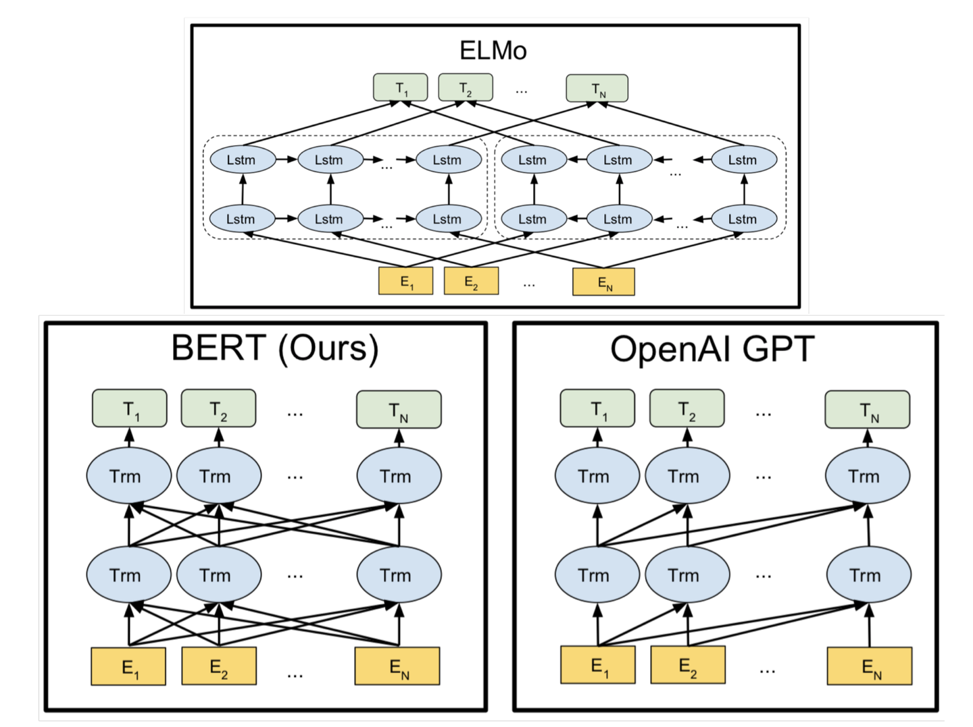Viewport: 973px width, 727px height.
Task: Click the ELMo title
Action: tap(493, 51)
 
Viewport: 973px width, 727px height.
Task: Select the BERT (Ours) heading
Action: tap(274, 348)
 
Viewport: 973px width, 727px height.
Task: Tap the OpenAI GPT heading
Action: tap(712, 350)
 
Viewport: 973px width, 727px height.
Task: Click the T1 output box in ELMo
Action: tap(401, 88)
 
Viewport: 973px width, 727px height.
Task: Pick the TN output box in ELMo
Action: tap(597, 88)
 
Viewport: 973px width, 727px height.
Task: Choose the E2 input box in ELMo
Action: tap(471, 281)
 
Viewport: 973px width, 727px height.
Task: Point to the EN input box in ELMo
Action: tap(603, 282)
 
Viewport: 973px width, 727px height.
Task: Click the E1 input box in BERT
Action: tap(128, 667)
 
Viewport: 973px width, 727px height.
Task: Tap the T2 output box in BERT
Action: tap(218, 408)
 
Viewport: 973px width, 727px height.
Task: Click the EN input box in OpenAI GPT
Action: tap(870, 666)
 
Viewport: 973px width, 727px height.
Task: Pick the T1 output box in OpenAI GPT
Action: tap(597, 408)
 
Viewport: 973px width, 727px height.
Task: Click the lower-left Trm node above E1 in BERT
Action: tap(128, 575)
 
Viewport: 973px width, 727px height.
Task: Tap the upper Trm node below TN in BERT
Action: tap(399, 476)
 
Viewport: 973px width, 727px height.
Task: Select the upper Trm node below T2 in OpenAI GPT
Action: tap(687, 476)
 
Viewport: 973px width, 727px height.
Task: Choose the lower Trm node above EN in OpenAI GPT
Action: tap(869, 575)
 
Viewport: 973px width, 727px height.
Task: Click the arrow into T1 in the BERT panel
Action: tap(129, 437)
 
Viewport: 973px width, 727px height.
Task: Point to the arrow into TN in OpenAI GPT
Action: tap(868, 437)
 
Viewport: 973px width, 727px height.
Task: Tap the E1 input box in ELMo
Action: tap(405, 281)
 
